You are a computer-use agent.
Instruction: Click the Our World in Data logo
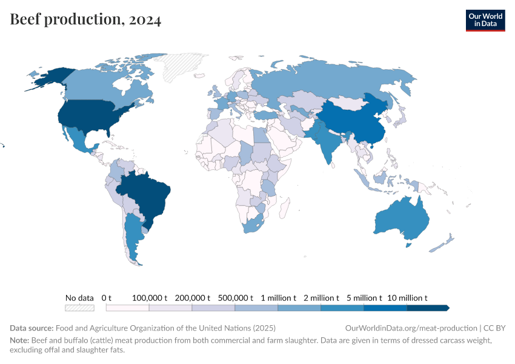point(485,20)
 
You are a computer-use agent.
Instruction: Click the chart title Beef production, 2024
point(85,20)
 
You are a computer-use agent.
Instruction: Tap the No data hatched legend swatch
point(79,308)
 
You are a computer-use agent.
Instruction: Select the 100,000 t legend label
point(150,298)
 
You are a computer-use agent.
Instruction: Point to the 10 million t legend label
point(408,298)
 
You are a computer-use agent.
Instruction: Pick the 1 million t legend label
point(279,298)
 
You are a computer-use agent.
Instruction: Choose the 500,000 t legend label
point(235,298)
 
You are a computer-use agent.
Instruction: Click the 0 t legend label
point(107,298)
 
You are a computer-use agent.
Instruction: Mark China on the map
point(351,121)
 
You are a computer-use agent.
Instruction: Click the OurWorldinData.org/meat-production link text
point(409,328)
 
